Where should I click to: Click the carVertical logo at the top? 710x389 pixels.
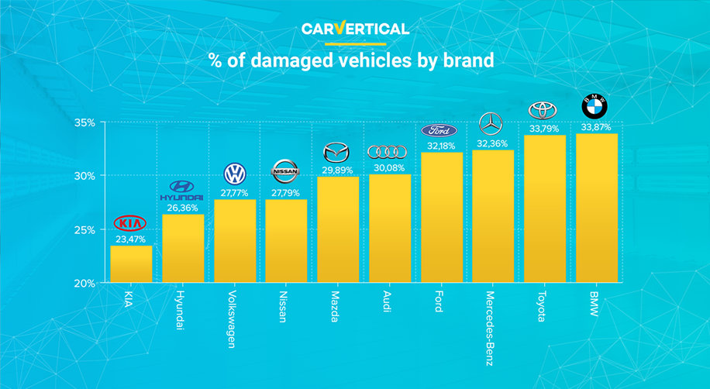[355, 29]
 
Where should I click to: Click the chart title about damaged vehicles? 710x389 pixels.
[351, 61]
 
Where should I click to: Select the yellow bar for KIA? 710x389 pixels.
[131, 263]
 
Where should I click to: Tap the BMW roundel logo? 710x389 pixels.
[595, 106]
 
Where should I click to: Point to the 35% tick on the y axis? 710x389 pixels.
[85, 122]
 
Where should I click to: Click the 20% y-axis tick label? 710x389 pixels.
[85, 283]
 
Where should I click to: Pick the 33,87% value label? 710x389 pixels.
[595, 128]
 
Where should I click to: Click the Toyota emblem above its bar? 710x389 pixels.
[543, 110]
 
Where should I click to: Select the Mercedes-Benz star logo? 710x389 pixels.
[491, 123]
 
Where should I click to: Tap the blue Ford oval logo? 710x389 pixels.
[439, 130]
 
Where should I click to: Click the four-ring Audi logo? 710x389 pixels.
[388, 152]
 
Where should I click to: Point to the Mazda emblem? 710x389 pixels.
[336, 150]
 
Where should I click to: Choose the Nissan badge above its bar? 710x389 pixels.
[284, 170]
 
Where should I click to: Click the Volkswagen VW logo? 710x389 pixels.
[233, 173]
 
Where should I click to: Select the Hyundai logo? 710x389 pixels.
[181, 189]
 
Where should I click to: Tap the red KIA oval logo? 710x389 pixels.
[130, 223]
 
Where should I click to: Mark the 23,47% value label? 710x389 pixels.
[130, 239]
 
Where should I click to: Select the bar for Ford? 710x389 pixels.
[439, 216]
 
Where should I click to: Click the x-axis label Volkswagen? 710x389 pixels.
[233, 318]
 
